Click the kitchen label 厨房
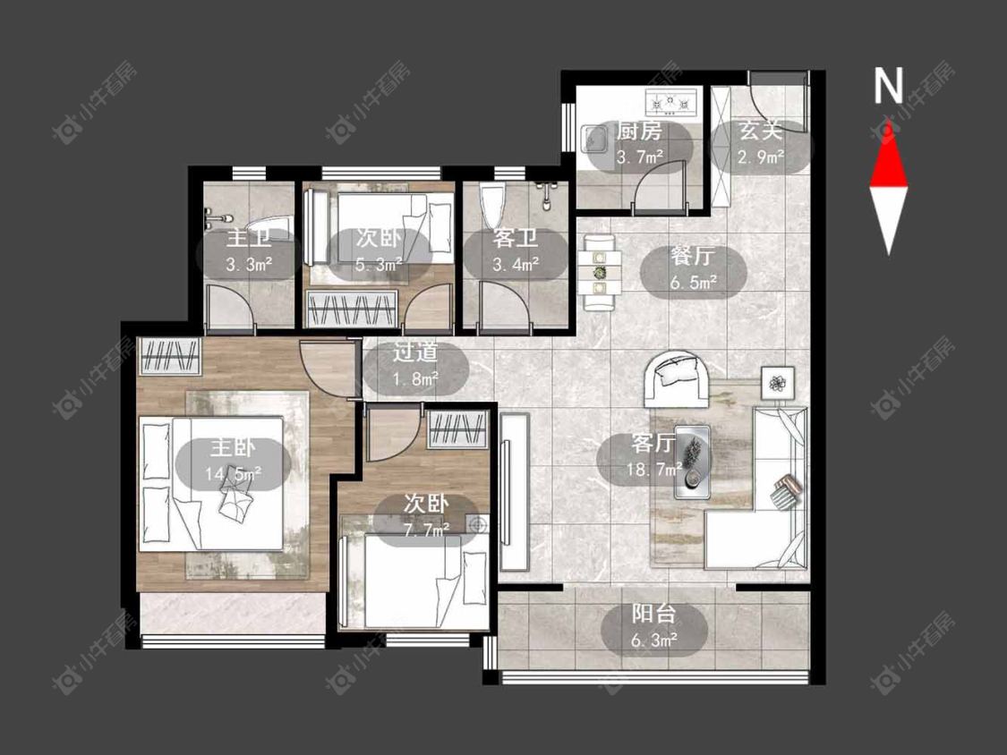coord(638,131)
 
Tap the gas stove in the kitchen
coord(672,101)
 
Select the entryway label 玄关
coord(760,131)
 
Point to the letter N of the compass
coord(888,85)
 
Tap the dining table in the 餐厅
coord(599,273)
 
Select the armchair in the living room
coord(678,379)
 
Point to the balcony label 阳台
coord(653,614)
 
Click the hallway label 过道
coord(415,352)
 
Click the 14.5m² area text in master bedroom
coord(233,474)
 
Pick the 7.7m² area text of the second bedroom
coord(426,530)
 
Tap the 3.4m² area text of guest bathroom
coord(516,264)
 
